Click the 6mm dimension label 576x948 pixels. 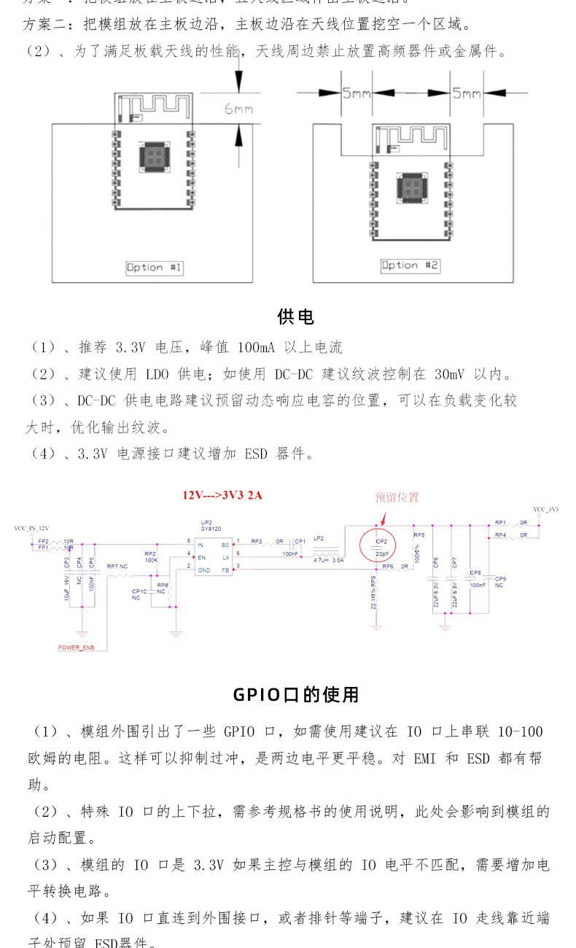[x=238, y=109]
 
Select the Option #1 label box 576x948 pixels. [x=155, y=268]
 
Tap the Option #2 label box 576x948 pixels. [x=410, y=265]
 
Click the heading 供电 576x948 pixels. [x=296, y=316]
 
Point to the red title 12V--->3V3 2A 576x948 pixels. [x=222, y=495]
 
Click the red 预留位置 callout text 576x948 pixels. [x=397, y=497]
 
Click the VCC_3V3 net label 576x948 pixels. [x=545, y=510]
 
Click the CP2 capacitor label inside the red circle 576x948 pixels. [x=381, y=543]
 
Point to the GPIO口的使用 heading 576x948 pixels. [x=296, y=694]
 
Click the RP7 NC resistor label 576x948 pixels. [x=117, y=566]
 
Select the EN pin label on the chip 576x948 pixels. [x=201, y=556]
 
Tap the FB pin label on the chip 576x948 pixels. [x=225, y=569]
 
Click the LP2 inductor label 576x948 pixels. [x=319, y=538]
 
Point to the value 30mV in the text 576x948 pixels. [x=448, y=375]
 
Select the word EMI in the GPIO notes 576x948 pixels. [x=424, y=758]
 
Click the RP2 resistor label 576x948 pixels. [x=150, y=554]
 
